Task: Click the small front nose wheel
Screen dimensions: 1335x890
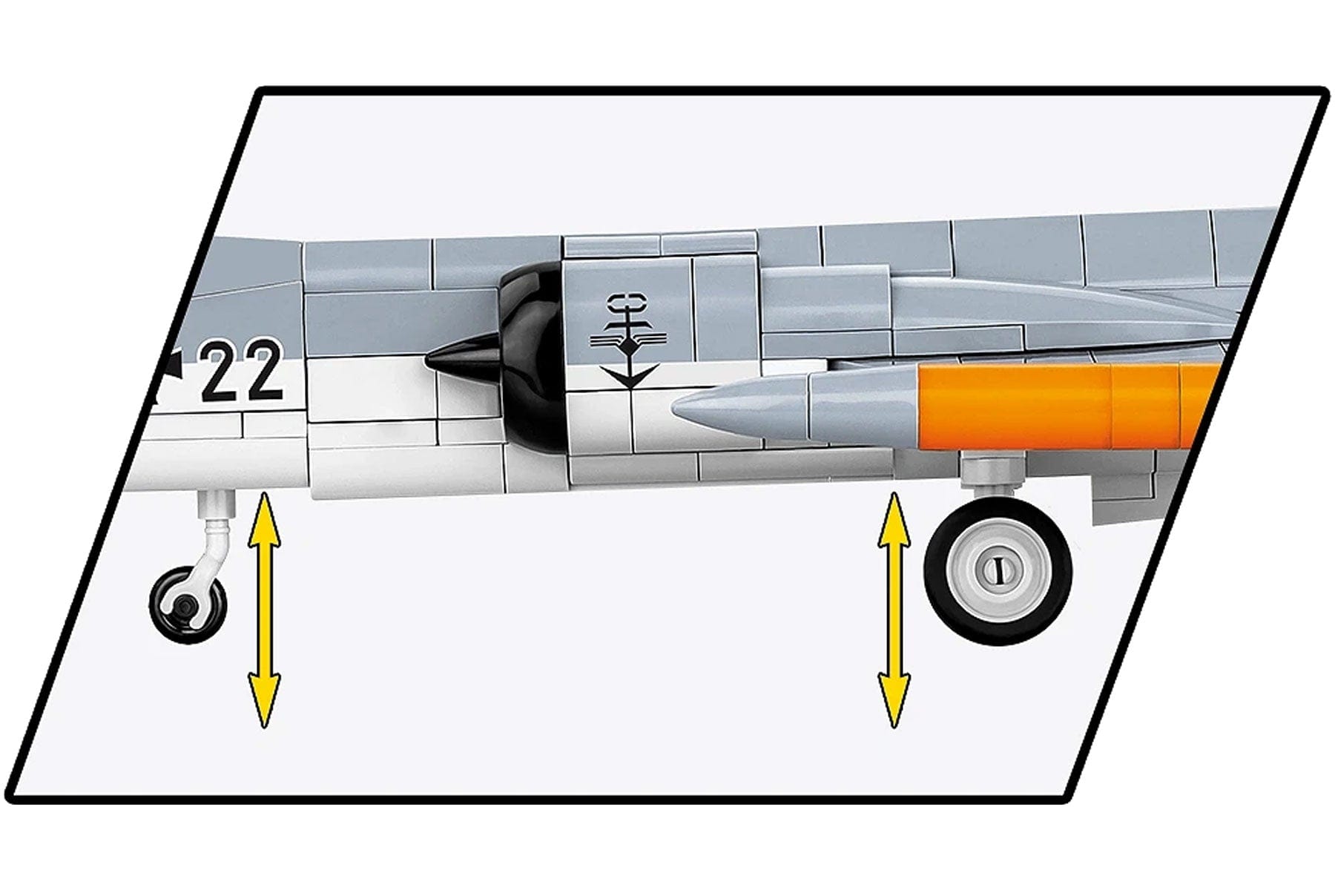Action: tap(188, 601)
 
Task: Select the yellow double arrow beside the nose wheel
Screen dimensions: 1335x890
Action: tap(264, 609)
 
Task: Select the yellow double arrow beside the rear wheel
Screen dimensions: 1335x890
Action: tap(894, 609)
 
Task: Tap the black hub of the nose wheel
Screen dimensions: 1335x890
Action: tap(183, 607)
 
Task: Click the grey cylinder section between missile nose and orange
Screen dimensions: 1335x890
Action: tap(865, 409)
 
